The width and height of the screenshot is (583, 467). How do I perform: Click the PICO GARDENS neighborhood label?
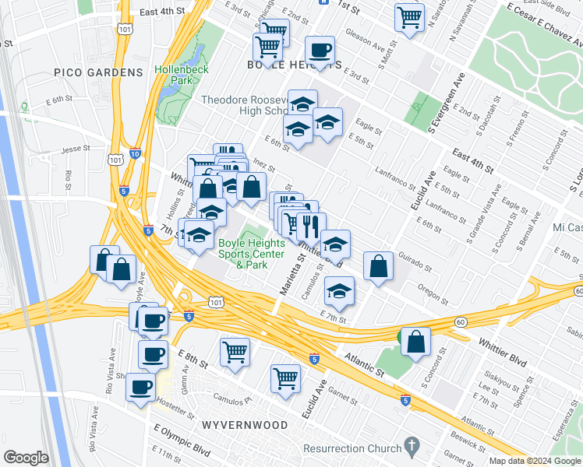coord(99,72)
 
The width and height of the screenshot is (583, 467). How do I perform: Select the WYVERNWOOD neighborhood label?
coord(244,425)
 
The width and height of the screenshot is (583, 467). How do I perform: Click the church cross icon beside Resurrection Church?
coord(412,446)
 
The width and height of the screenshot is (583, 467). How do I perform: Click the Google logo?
coord(26,458)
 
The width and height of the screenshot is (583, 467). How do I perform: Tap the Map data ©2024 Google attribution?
coord(535,461)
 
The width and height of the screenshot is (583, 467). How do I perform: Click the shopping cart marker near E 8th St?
coord(235,351)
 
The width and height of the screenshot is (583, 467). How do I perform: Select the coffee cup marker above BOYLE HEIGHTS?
coord(320,51)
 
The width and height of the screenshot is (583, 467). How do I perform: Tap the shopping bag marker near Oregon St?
coord(378,266)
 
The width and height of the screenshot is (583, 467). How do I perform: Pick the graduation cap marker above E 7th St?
coord(339,292)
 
